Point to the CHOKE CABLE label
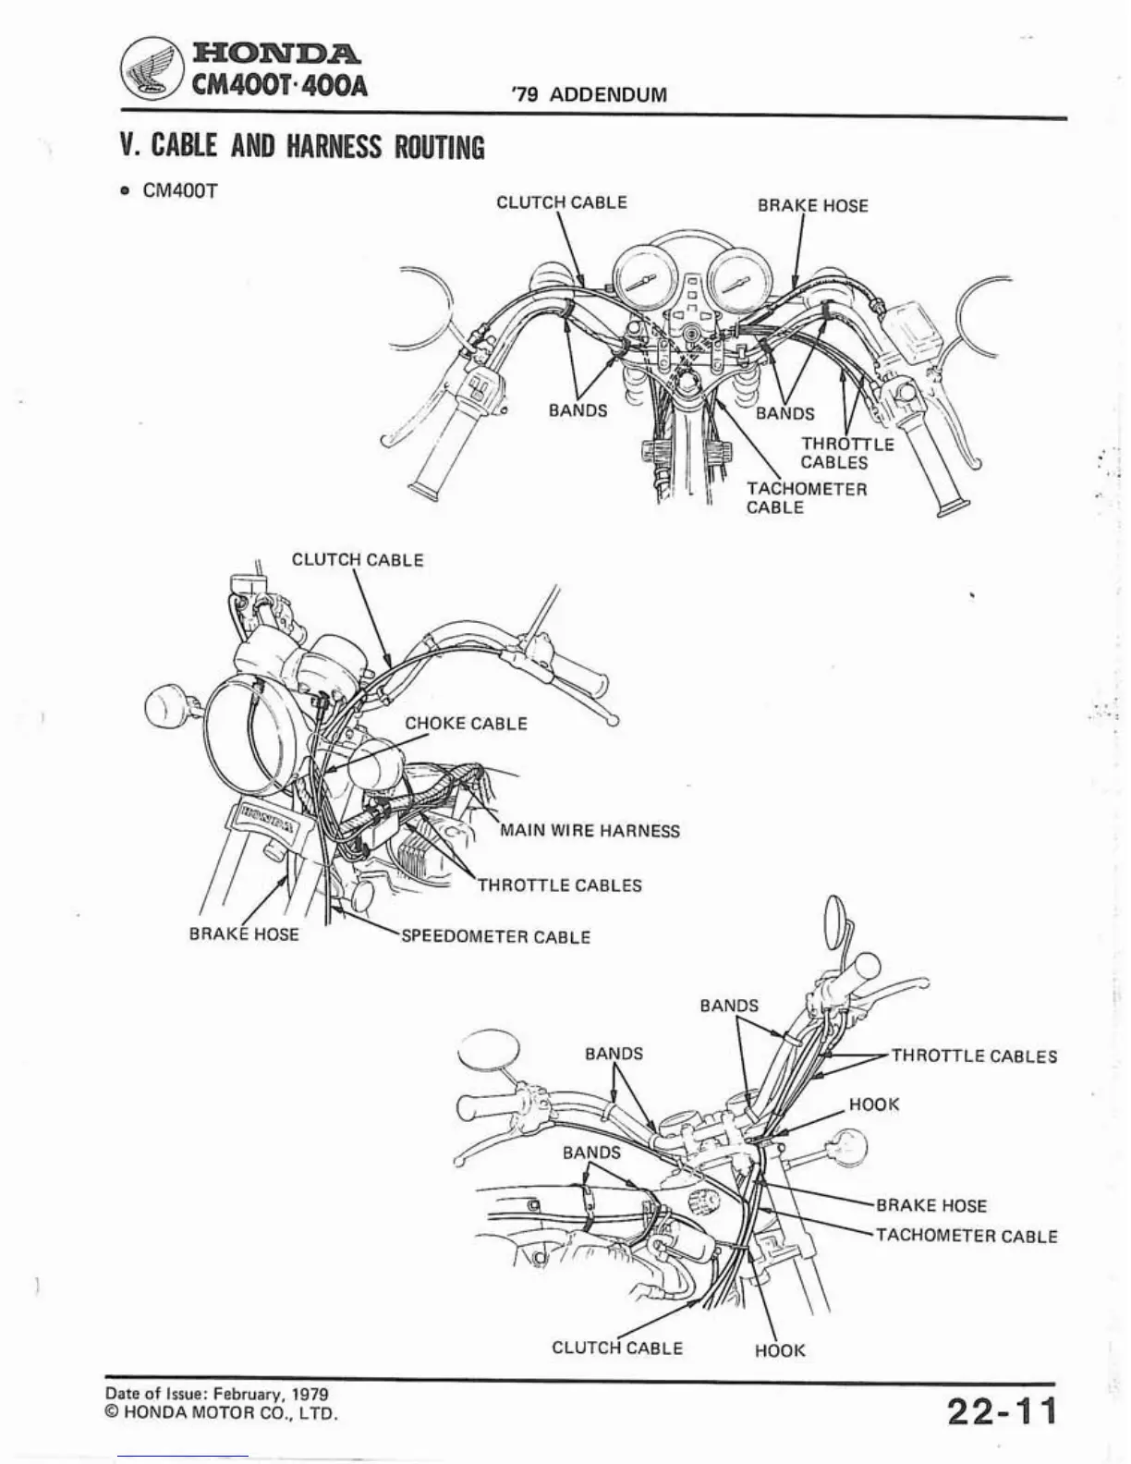[x=466, y=723]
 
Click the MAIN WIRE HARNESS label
[x=590, y=830]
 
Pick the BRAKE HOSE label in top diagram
[x=812, y=205]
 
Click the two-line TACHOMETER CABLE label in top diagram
[x=807, y=498]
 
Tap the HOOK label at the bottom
[x=780, y=1350]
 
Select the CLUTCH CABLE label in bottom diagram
[x=617, y=1348]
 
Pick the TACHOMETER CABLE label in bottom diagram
[x=966, y=1236]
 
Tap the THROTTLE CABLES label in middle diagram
[x=559, y=884]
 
